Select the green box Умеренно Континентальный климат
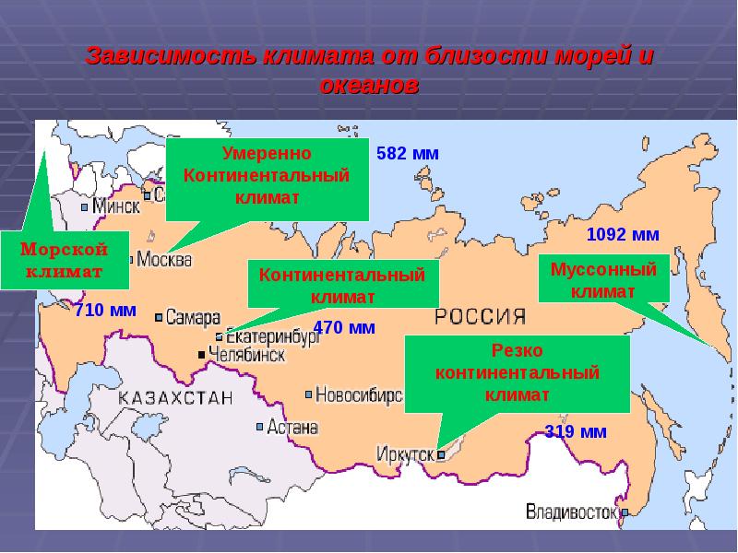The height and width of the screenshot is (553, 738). (268, 175)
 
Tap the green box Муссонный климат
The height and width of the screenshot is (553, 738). (602, 280)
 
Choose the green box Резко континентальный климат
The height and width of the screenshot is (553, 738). (517, 373)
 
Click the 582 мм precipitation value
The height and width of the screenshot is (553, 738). (408, 153)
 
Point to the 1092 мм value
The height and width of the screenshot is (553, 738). (623, 235)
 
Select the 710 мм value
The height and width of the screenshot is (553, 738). (105, 311)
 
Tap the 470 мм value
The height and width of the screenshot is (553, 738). (344, 327)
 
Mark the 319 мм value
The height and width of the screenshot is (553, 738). (576, 431)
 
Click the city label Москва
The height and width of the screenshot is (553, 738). (164, 260)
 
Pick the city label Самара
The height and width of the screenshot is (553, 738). (194, 317)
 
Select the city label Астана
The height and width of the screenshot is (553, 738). (292, 428)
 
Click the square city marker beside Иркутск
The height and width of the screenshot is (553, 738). (441, 454)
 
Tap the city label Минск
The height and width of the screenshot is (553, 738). (116, 206)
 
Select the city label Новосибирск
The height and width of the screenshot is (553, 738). (359, 395)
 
